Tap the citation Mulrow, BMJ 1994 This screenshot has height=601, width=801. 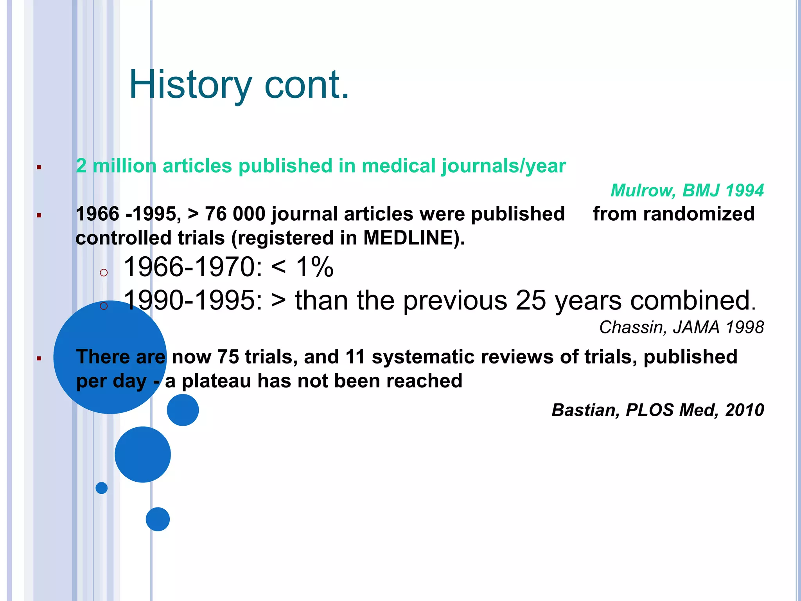[x=687, y=191]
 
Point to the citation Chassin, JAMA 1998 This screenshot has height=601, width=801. [x=681, y=327]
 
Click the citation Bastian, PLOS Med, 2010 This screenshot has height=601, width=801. [x=657, y=410]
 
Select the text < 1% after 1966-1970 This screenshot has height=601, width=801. [x=302, y=267]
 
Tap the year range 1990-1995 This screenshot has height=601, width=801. [x=193, y=300]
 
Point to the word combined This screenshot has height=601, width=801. [x=693, y=300]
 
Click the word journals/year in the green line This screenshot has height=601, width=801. [x=503, y=166]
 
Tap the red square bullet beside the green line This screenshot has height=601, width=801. [x=39, y=167]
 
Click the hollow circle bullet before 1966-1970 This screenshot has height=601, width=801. [x=104, y=272]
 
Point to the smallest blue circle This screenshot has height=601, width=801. [x=102, y=488]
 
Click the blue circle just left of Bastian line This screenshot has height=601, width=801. [x=183, y=410]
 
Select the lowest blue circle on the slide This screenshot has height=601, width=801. [x=158, y=519]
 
